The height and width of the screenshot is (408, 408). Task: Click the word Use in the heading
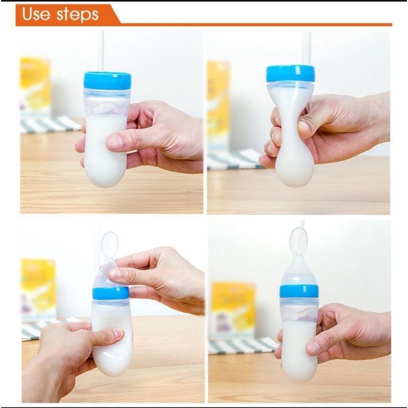(36, 14)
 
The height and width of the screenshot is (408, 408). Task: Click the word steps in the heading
(78, 15)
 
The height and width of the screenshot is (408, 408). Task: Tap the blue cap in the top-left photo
(107, 81)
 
